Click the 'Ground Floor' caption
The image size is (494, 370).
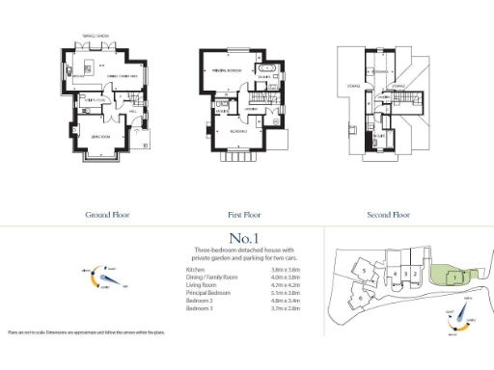pos(107,216)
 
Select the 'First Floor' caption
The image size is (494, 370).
pos(247,216)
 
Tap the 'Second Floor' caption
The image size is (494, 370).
pos(389,216)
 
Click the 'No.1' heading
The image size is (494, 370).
pos(247,237)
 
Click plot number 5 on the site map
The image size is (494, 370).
pos(363,272)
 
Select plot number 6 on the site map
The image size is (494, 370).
pos(360,299)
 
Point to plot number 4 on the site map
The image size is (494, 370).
pos(396,274)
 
